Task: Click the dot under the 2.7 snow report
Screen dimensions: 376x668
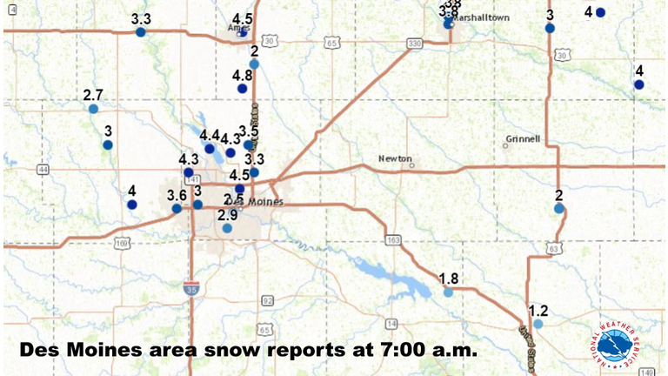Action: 93,109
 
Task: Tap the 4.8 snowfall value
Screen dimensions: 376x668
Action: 243,76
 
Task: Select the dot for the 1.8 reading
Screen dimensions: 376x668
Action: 448,292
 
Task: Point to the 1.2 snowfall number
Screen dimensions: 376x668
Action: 538,311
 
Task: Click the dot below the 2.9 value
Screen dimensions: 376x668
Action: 227,228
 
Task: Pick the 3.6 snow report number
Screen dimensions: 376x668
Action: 177,195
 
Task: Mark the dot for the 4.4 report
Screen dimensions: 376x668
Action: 210,149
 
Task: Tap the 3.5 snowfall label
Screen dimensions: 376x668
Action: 249,131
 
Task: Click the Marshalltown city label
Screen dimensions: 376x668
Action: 484,17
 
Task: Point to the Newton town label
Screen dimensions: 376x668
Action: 393,158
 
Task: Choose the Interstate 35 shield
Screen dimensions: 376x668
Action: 190,286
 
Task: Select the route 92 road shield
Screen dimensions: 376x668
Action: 267,300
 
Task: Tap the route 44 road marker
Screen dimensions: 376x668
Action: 43,169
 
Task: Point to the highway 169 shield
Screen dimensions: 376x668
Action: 123,241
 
